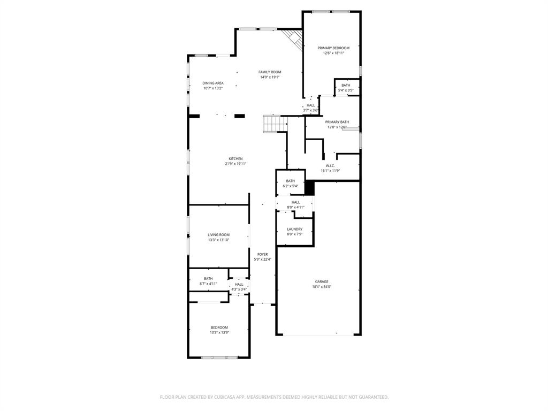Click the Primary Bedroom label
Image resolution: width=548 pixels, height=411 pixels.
click(x=333, y=48)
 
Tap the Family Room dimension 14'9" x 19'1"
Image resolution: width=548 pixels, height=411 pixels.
click(x=270, y=77)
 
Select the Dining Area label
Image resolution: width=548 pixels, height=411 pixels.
click(x=212, y=83)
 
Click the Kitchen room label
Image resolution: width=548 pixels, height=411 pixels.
click(x=235, y=158)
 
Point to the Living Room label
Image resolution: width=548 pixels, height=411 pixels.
click(x=218, y=234)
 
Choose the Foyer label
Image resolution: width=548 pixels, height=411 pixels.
click(x=262, y=254)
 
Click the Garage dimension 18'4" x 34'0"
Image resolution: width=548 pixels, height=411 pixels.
click(x=321, y=287)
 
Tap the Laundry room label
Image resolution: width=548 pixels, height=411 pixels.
click(x=294, y=229)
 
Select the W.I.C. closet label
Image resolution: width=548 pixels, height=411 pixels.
click(x=330, y=165)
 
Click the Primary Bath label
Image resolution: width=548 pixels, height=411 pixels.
click(x=337, y=122)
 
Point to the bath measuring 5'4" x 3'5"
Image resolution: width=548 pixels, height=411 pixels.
click(x=346, y=88)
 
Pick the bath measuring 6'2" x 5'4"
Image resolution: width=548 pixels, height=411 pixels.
click(x=290, y=184)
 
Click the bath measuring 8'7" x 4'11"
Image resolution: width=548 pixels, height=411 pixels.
click(x=208, y=281)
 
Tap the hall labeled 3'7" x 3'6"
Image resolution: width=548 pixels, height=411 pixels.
click(x=311, y=108)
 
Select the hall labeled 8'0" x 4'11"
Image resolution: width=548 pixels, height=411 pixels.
click(x=295, y=204)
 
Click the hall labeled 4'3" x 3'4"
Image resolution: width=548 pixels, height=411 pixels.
click(x=239, y=287)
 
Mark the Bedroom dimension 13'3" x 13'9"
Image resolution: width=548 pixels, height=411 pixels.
click(x=219, y=333)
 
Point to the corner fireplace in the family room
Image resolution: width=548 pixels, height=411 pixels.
click(x=294, y=37)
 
